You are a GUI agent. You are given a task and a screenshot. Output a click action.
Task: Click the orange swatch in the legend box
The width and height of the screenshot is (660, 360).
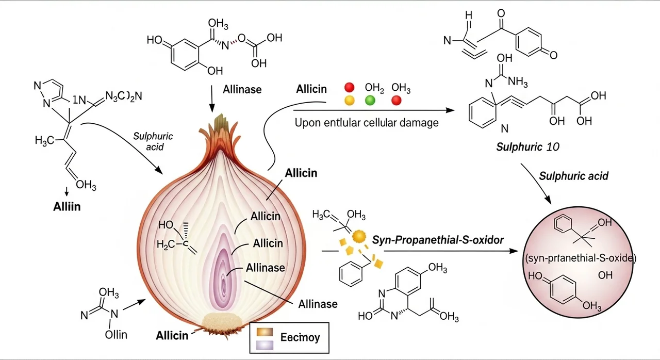[x=263, y=331]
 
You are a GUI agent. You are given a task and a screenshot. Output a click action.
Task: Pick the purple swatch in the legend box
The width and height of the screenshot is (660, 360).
[x=263, y=344]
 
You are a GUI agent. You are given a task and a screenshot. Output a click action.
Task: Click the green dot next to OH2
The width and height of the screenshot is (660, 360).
[x=370, y=101]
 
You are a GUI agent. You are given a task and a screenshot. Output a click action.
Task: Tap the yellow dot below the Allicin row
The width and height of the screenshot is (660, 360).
[x=349, y=101]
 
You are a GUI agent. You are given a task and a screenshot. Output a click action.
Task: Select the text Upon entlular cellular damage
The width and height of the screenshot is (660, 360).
[x=366, y=123]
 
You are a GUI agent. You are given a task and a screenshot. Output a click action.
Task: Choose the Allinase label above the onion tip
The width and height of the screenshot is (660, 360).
[x=242, y=89]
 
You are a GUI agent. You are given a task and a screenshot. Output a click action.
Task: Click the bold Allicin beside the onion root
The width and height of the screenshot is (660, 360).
[x=172, y=336]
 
